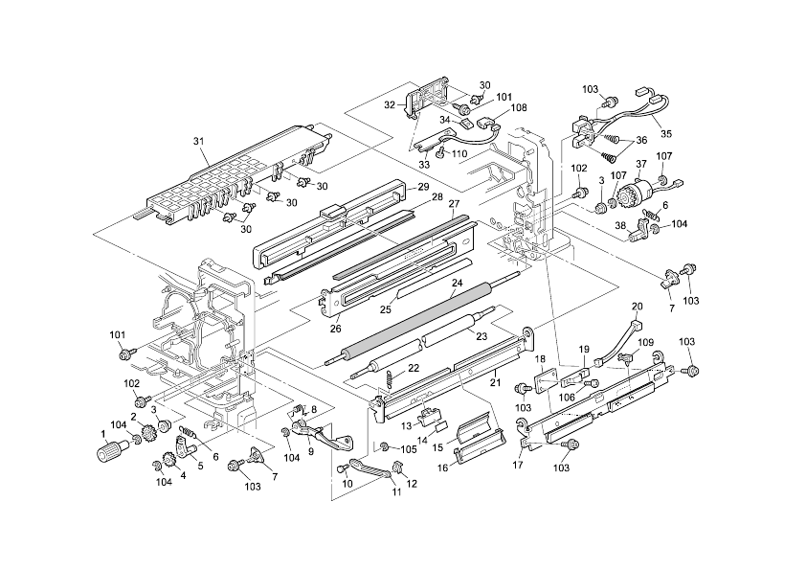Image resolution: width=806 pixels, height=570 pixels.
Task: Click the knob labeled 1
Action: coord(109,450)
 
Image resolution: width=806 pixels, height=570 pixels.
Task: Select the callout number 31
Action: coord(198,141)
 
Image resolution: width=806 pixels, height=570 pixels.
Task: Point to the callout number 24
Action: coord(457,283)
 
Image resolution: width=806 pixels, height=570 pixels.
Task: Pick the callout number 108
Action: coord(518,108)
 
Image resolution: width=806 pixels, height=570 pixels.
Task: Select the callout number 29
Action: coord(423,187)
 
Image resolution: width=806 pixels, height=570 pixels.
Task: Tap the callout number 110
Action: coord(459,154)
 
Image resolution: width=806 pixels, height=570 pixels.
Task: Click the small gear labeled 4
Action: coord(169,457)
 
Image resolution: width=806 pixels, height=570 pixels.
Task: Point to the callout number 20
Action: coord(637,307)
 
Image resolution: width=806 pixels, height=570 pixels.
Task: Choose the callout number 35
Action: coord(665,134)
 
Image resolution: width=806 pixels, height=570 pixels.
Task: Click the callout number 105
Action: coord(409,449)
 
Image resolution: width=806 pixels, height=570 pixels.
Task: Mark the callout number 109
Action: coord(645,342)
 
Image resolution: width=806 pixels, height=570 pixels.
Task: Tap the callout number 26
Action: coord(336,329)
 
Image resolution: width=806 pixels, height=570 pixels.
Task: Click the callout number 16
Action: coord(442,467)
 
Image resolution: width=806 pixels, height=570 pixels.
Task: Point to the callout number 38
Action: coord(621,225)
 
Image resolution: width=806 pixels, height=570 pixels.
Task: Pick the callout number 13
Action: coord(407,425)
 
